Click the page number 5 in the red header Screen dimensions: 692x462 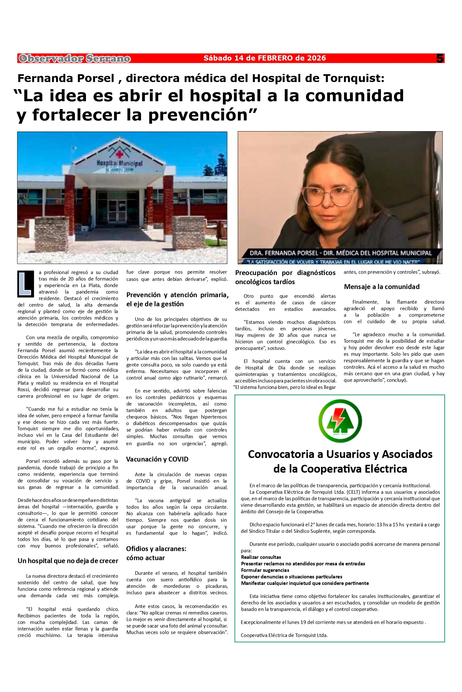[440, 59]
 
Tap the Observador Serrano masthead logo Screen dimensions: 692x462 [75, 59]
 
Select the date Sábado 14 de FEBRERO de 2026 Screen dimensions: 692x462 [265, 58]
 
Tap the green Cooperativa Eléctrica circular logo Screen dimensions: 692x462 [340, 421]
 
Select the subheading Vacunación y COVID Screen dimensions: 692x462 [157, 459]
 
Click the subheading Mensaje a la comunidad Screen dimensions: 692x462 [382, 287]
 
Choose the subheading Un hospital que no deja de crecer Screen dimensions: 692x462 [68, 561]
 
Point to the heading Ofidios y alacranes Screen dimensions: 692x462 [156, 549]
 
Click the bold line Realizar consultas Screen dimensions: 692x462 [261, 557]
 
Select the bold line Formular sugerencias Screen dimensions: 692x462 [265, 570]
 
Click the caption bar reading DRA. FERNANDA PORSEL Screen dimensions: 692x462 [340, 253]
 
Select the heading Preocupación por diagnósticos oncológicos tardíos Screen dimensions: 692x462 [285, 277]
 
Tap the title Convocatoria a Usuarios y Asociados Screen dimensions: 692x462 [340, 454]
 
